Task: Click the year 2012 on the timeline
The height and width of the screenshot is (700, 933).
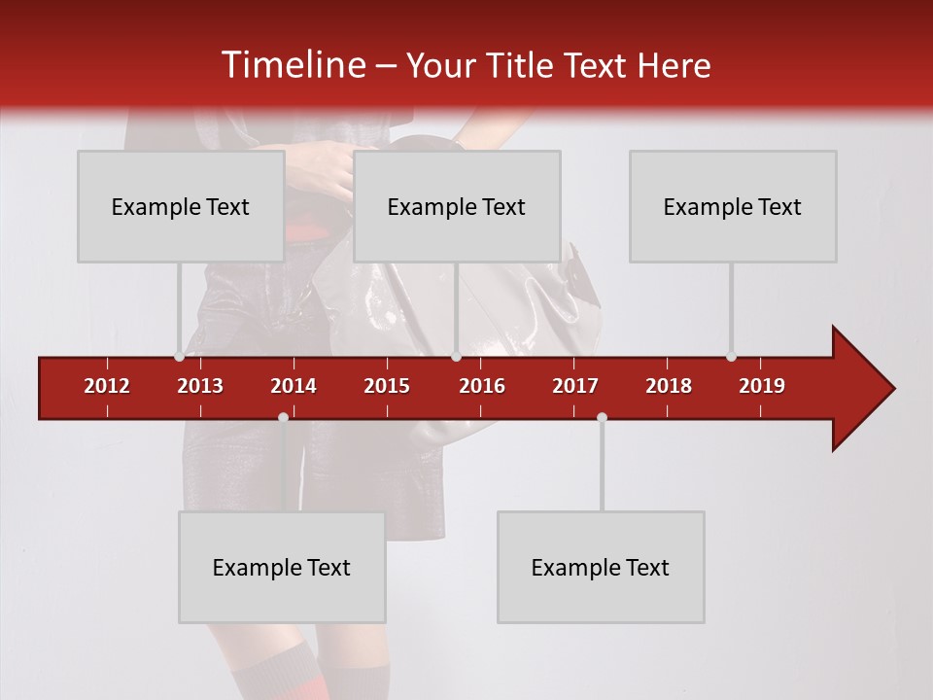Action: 107,386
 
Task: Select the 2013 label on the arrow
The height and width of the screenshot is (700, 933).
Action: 200,386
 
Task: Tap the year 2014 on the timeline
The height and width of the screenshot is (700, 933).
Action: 294,386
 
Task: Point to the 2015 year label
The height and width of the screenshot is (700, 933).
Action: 387,386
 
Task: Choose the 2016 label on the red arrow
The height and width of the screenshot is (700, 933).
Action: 482,386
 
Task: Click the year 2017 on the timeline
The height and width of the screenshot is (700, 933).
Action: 575,386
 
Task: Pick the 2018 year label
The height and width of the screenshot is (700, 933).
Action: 669,386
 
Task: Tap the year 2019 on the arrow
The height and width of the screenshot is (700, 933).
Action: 762,386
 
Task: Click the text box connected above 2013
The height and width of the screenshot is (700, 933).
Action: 181,206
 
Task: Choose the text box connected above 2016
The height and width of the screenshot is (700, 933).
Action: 457,206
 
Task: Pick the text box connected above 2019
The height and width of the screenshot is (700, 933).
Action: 733,206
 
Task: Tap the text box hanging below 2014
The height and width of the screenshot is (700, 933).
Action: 282,567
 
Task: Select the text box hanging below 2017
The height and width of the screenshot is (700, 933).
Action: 601,567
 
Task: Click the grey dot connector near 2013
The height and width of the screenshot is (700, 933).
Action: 180,357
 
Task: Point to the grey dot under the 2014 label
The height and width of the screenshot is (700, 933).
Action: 283,417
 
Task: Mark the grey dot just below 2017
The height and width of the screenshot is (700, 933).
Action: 602,417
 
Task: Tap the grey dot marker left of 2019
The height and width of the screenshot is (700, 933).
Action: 732,357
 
